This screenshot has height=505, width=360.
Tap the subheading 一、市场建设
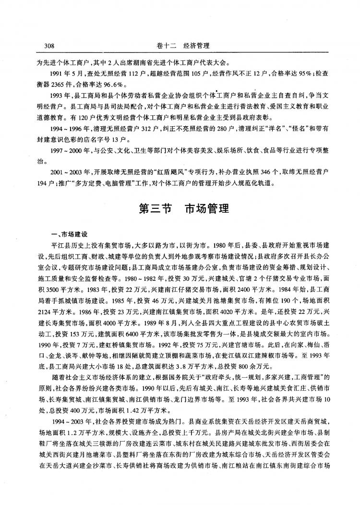click(x=70, y=235)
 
